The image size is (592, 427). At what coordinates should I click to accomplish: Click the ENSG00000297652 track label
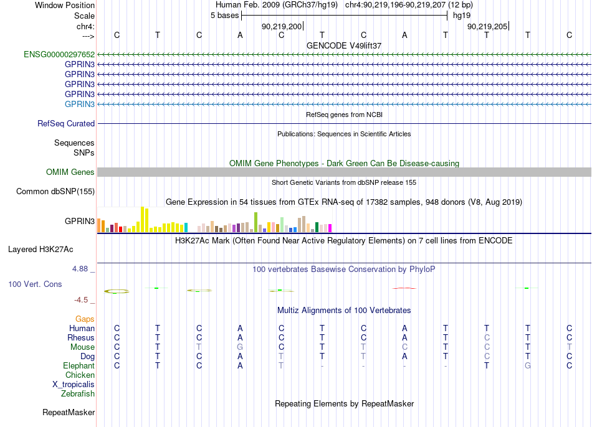point(59,54)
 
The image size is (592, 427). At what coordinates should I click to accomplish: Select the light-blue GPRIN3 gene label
point(80,104)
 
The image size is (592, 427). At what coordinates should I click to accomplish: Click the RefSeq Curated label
point(66,124)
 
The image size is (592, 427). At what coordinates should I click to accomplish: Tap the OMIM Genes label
point(70,172)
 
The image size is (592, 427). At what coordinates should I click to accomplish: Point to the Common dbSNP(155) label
point(55,191)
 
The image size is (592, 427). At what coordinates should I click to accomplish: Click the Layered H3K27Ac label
point(41,250)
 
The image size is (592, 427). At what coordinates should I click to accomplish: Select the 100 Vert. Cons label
point(35,284)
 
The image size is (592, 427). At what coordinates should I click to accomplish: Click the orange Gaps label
point(85,319)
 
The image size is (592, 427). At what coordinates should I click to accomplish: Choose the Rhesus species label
point(81,337)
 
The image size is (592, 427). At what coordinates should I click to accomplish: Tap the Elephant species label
point(79,365)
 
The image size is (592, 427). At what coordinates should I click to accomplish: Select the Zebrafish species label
point(78,393)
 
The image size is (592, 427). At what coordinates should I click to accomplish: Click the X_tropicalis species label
point(74,385)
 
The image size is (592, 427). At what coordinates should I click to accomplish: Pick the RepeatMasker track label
point(69,412)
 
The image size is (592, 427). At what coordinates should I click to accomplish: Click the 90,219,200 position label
point(282,26)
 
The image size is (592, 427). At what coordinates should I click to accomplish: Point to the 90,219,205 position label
point(487,26)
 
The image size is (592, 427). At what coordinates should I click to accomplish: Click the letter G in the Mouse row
point(240,347)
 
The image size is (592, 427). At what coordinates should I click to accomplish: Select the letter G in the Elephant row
point(528,365)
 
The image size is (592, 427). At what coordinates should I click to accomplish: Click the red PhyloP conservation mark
point(404,288)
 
